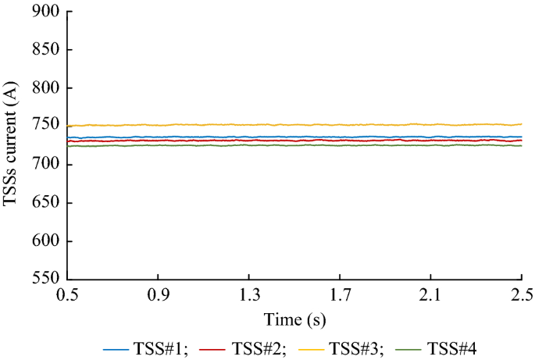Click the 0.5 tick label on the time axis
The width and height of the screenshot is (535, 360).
(x=68, y=295)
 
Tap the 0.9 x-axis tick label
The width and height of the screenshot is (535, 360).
(x=159, y=295)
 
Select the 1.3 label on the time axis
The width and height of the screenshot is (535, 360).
(x=249, y=295)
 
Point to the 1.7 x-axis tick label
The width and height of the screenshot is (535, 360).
(x=340, y=295)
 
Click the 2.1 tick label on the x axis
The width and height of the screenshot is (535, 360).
(x=430, y=295)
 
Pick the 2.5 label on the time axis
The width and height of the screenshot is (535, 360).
(x=521, y=295)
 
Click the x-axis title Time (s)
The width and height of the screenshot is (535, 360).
(x=294, y=319)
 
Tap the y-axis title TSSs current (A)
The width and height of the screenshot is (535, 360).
(x=11, y=145)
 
